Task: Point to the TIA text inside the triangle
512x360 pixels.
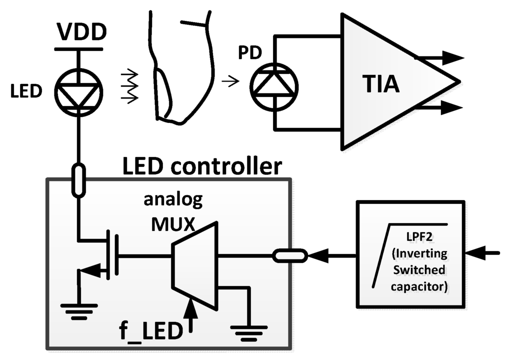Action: (381, 83)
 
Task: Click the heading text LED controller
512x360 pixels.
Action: (202, 166)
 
